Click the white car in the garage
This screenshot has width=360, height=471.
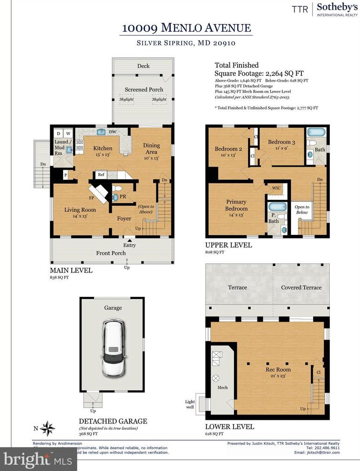click(113, 348)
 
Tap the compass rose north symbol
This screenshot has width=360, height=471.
click(48, 428)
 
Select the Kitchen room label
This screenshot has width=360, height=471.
click(103, 149)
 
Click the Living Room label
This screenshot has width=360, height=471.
click(80, 210)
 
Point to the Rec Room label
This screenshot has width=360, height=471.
click(278, 369)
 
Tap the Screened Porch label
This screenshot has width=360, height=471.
click(144, 89)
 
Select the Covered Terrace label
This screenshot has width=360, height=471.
click(301, 288)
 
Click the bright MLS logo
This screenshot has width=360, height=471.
click(38, 461)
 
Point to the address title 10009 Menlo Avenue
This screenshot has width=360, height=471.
click(187, 28)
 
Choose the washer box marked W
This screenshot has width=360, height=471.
click(67, 134)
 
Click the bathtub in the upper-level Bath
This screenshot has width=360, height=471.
click(316, 133)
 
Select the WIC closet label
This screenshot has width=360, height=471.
click(276, 188)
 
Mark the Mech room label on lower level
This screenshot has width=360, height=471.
click(222, 387)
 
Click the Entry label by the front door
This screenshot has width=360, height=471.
click(129, 245)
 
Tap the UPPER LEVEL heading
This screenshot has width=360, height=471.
click(228, 245)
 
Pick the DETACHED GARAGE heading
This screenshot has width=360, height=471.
click(112, 421)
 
